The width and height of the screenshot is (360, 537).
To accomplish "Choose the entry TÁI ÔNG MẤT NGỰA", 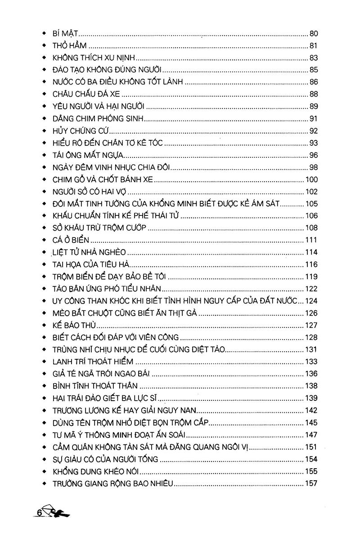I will [x=88, y=155].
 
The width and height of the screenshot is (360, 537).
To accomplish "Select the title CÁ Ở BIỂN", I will [x=71, y=240].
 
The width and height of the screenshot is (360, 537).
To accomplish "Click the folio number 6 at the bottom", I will [x=39, y=513].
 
